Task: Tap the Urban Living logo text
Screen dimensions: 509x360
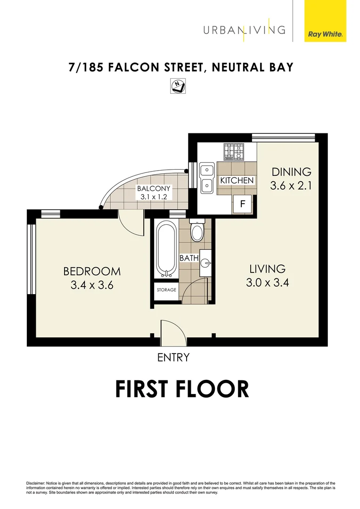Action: pos(244,30)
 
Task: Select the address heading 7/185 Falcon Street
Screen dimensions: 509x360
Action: pos(181,67)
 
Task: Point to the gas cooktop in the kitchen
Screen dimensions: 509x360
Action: pos(233,152)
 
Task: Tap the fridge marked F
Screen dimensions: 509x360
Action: pos(243,204)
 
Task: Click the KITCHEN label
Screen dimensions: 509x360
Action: pos(237,181)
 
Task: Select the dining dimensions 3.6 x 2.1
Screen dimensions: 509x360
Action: pos(291,186)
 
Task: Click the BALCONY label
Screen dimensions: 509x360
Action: pos(154,189)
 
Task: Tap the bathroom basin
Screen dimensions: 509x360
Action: pos(205,263)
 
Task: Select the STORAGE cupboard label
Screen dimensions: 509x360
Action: pos(166,290)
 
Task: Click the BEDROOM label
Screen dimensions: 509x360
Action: pos(92,271)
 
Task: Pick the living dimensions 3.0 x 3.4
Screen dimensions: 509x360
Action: pos(267,283)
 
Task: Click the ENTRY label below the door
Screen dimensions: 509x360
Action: pos(173,358)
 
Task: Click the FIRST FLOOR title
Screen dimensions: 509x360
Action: pos(182,389)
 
